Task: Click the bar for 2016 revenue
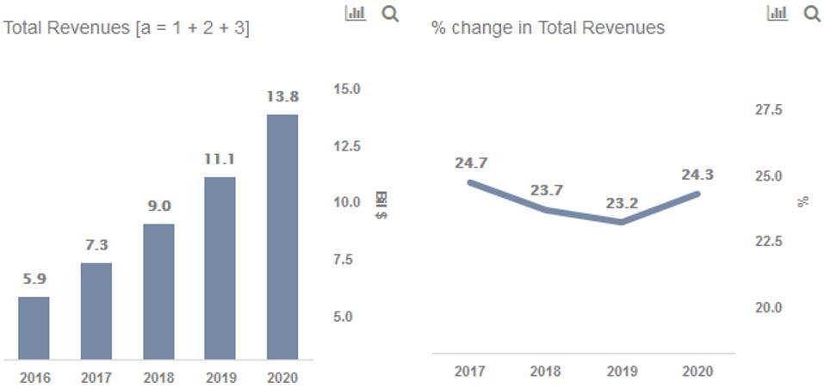[34, 328]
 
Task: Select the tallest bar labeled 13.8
[282, 237]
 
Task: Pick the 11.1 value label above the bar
[220, 159]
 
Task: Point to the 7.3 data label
[96, 246]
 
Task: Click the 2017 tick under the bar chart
[96, 377]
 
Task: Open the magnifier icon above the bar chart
[390, 14]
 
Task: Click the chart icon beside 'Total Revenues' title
[355, 14]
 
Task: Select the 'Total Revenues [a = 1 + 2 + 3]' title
[127, 28]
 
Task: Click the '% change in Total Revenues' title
[548, 28]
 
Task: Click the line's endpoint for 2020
[697, 194]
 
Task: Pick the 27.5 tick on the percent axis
[768, 111]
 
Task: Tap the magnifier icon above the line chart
[811, 14]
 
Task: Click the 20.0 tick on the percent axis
[768, 308]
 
